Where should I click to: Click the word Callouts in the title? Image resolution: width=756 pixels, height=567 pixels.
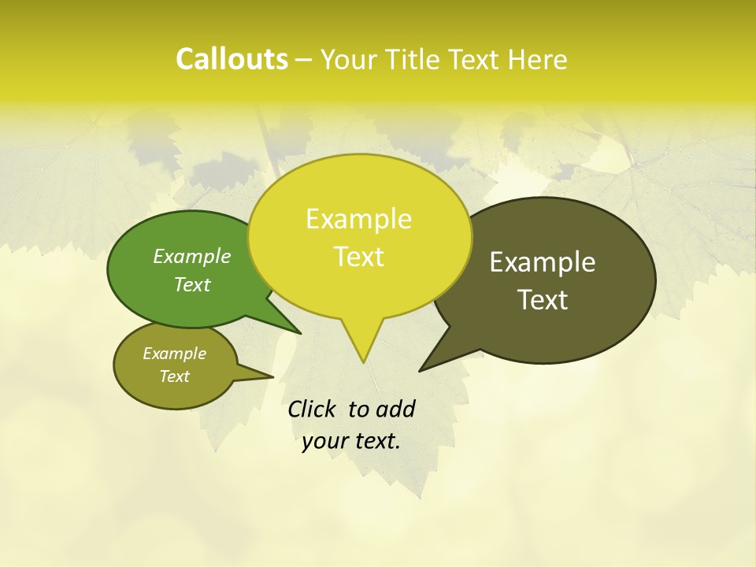pos(232,59)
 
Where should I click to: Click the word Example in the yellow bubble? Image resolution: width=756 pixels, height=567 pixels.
pos(358,219)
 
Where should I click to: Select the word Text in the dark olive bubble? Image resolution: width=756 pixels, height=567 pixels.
pos(543,300)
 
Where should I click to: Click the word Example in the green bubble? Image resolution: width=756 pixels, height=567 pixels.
pos(192,257)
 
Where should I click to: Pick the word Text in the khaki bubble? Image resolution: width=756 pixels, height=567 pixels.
pos(175,376)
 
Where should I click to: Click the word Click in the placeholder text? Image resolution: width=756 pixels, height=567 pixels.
pos(312,409)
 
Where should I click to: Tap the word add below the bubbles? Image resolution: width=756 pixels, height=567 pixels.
pos(396,409)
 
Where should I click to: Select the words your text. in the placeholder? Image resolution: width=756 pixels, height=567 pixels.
pos(351,441)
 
